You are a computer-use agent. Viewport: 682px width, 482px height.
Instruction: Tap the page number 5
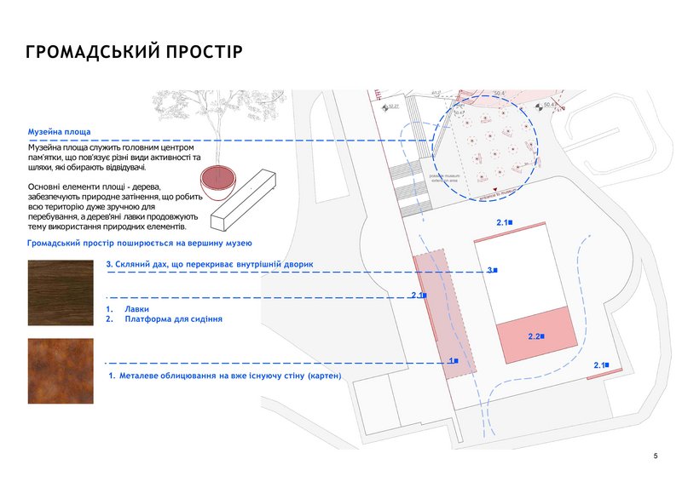click(655, 457)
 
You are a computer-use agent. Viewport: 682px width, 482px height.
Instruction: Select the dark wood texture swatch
click(56, 288)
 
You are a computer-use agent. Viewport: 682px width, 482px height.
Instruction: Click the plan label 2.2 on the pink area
click(536, 336)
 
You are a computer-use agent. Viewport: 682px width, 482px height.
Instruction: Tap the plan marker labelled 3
click(492, 270)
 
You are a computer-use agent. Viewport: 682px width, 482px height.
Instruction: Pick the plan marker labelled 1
click(454, 361)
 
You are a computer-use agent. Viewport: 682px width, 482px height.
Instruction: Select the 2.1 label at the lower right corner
click(600, 364)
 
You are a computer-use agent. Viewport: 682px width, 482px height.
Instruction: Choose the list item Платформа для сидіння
click(173, 319)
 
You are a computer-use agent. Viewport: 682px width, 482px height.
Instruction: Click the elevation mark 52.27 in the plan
click(393, 108)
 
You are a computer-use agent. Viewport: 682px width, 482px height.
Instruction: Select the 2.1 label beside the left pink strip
click(418, 295)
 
